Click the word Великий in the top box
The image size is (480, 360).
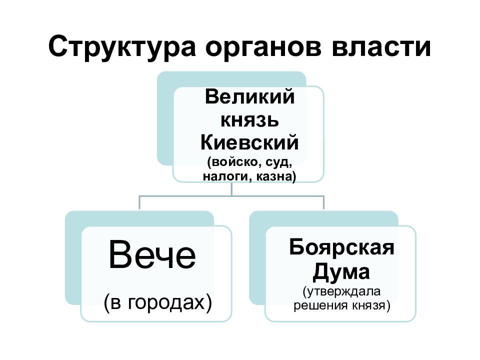coord(249,96)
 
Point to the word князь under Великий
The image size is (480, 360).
coord(249,120)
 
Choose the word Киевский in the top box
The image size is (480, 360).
coord(249,142)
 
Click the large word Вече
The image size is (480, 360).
coord(152,255)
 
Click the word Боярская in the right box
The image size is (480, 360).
coord(341,247)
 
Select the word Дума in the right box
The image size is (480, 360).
coord(341,272)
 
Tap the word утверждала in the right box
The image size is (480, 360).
coord(341,291)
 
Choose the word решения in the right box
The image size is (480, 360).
coord(321,306)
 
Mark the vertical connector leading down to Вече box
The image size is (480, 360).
coord(139,202)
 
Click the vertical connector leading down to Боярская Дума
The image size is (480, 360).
coord(323,202)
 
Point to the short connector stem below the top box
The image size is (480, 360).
coord(231,189)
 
